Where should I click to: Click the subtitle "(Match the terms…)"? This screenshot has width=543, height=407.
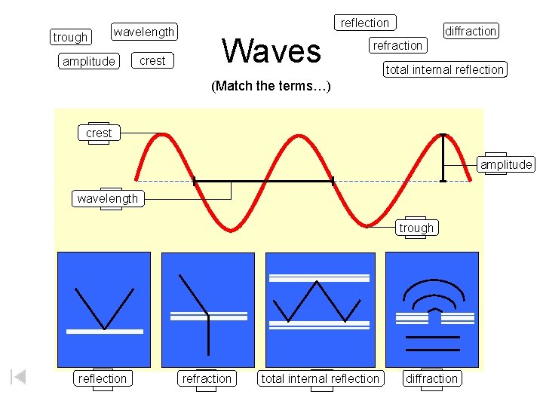coord(271,86)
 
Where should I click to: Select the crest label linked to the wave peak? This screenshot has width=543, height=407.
coord(99,133)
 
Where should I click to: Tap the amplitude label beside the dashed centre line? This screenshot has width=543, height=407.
coord(506,165)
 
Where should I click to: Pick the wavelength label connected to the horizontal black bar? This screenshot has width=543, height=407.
coord(108,198)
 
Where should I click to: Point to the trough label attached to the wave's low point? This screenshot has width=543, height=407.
coord(416,228)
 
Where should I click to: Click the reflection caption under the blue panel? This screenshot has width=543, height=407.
coord(103,378)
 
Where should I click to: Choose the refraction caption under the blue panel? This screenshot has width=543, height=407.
coord(207,378)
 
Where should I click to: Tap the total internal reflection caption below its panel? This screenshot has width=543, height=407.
coord(320,378)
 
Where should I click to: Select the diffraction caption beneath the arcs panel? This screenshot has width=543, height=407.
coord(431,378)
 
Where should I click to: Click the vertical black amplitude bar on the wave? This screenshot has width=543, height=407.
coord(443,158)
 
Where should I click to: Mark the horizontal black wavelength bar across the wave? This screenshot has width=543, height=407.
coord(263,181)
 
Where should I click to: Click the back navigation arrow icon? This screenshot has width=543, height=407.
coord(19,376)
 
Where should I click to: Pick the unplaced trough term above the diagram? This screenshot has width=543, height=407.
coord(70,37)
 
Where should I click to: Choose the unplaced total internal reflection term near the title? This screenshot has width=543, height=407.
coord(444,69)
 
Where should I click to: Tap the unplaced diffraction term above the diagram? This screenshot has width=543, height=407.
coord(471,31)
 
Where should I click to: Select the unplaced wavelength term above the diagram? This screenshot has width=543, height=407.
coord(144,32)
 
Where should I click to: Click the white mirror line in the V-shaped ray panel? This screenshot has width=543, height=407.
coord(104,331)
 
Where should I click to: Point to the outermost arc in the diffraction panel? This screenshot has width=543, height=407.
coord(431,280)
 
